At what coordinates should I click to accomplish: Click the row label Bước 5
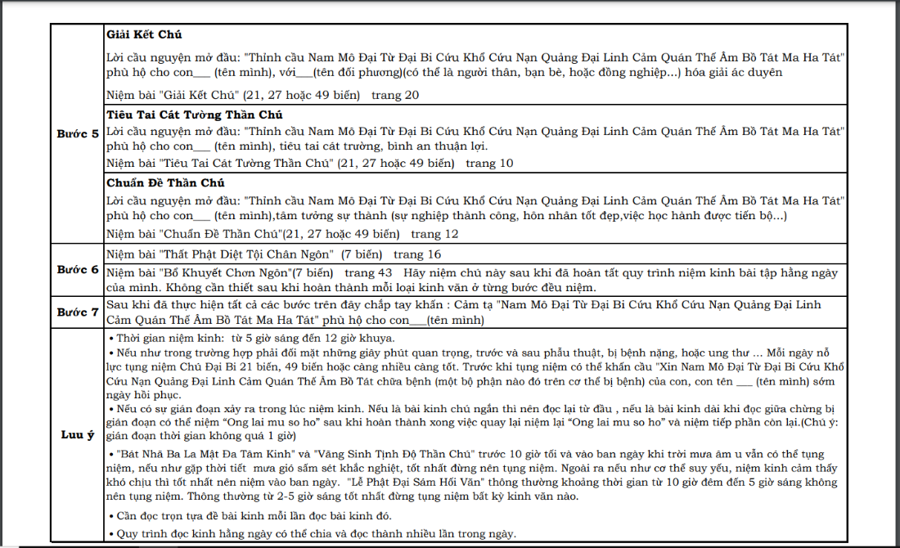[78, 134]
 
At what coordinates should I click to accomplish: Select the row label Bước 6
[78, 269]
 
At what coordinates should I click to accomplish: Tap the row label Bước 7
[78, 312]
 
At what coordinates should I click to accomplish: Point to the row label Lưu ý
[78, 434]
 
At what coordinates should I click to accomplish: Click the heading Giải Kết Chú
[144, 34]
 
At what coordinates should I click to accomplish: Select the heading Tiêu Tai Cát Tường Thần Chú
[195, 115]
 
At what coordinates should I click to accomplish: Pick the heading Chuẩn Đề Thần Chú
[165, 182]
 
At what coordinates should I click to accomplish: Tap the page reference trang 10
[489, 163]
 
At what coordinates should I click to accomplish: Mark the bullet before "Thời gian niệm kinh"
[111, 339]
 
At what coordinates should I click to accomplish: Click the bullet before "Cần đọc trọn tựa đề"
[111, 517]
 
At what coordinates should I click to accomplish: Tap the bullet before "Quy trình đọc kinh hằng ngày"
[111, 535]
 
